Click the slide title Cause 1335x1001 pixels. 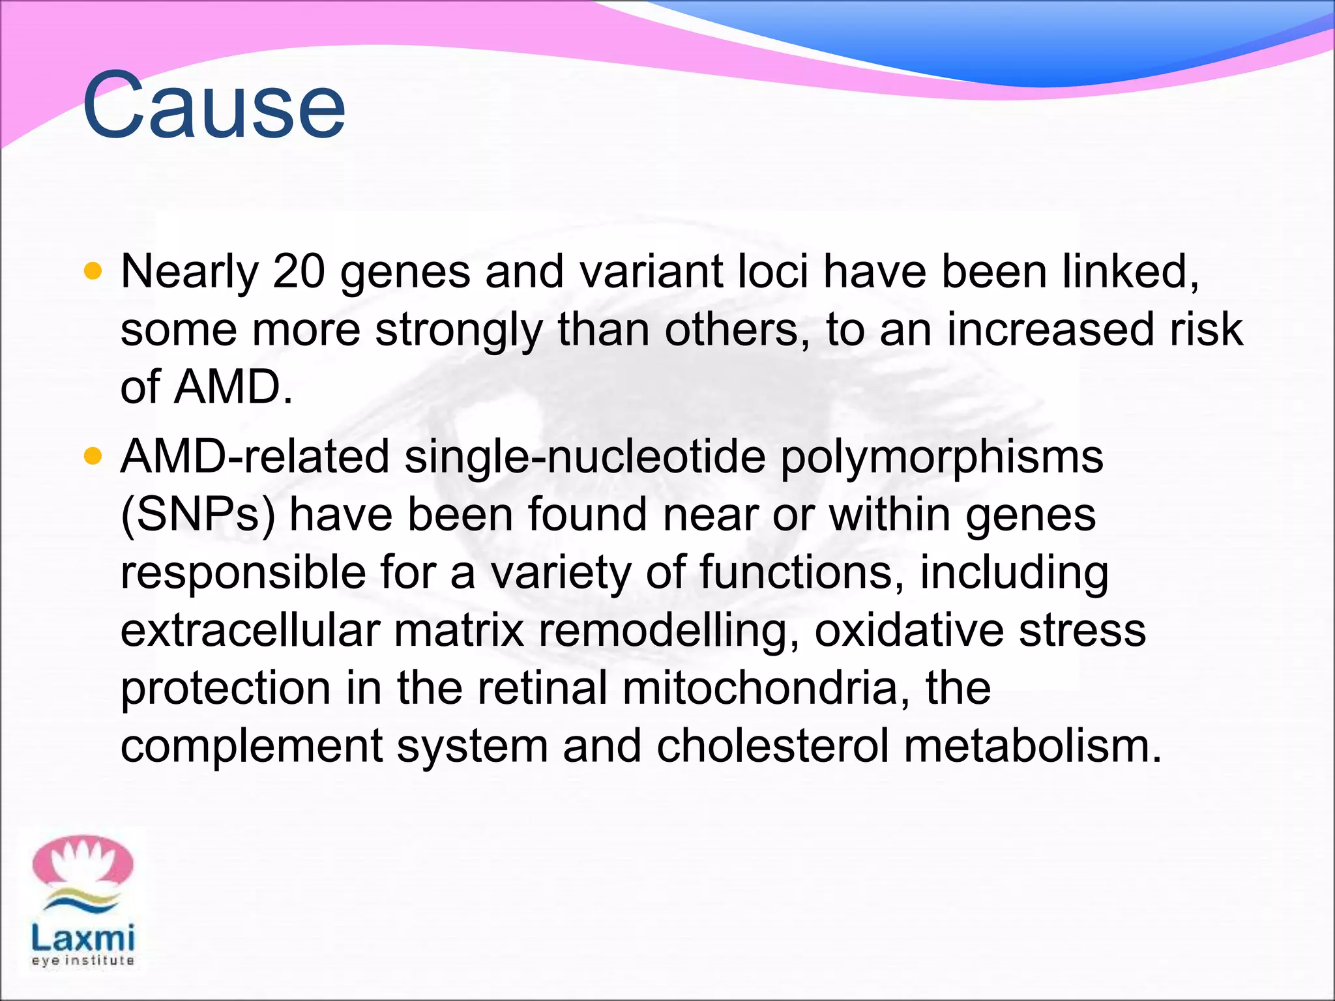(x=214, y=106)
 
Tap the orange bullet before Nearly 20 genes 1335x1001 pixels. (x=94, y=270)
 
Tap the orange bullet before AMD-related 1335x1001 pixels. (x=94, y=456)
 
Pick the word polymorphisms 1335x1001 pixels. (x=941, y=457)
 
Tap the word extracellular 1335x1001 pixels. (x=250, y=630)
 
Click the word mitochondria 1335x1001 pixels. (x=765, y=688)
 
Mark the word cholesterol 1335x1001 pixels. (x=772, y=746)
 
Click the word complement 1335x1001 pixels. (x=252, y=747)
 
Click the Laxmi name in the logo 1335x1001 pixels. (x=83, y=938)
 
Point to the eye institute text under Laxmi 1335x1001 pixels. (x=83, y=961)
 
